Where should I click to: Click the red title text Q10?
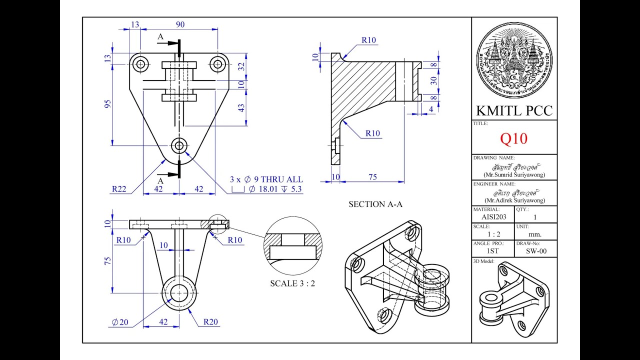click(x=514, y=138)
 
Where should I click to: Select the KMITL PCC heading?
click(x=514, y=110)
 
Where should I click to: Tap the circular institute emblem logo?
click(x=514, y=60)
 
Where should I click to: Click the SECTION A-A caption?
click(x=375, y=204)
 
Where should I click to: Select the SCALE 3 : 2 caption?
click(x=292, y=283)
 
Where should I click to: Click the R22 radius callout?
click(x=119, y=189)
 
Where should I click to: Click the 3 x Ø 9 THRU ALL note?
click(x=266, y=179)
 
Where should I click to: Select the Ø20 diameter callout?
click(x=120, y=322)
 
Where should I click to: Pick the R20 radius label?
click(x=210, y=322)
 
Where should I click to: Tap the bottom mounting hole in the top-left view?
click(x=179, y=145)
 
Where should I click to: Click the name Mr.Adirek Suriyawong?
click(x=514, y=200)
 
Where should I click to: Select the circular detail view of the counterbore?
click(x=293, y=245)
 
